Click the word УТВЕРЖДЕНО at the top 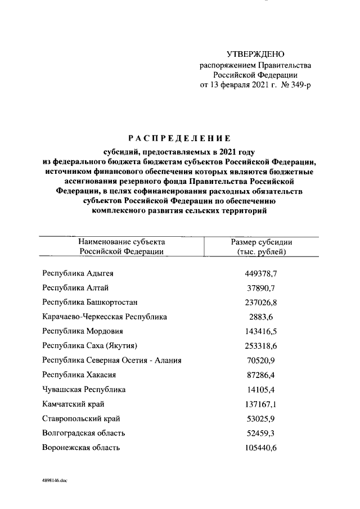click(255, 55)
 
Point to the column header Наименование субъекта click(121, 241)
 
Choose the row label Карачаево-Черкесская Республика click(105, 317)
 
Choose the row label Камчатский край click(73, 404)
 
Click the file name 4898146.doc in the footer click(55, 481)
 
